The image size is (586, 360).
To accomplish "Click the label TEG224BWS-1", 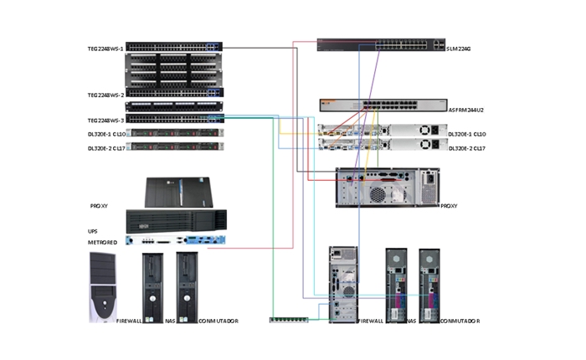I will [x=105, y=49].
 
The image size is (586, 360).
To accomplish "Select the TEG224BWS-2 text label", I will [x=105, y=95].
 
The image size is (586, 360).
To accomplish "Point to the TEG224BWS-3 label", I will [x=105, y=121].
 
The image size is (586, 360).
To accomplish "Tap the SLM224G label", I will [x=460, y=49].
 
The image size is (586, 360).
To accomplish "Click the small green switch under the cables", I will [x=288, y=318].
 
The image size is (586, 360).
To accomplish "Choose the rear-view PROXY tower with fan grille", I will [x=388, y=188].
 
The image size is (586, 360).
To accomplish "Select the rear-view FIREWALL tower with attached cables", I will [x=342, y=285].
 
